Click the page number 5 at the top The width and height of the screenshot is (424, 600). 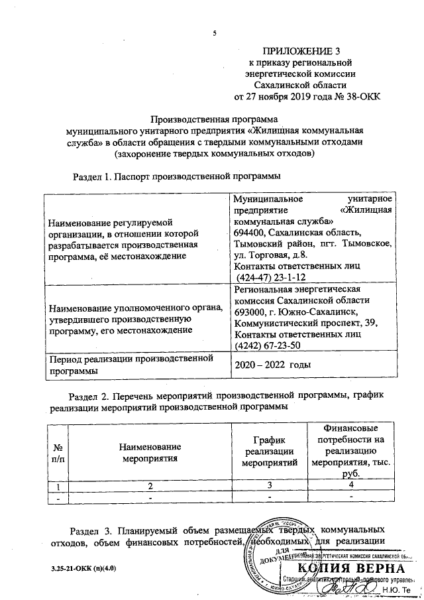click(x=214, y=34)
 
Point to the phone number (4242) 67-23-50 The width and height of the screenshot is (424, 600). click(x=267, y=345)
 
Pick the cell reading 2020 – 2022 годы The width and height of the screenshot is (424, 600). click(x=274, y=365)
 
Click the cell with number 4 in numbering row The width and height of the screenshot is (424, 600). click(x=350, y=487)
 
